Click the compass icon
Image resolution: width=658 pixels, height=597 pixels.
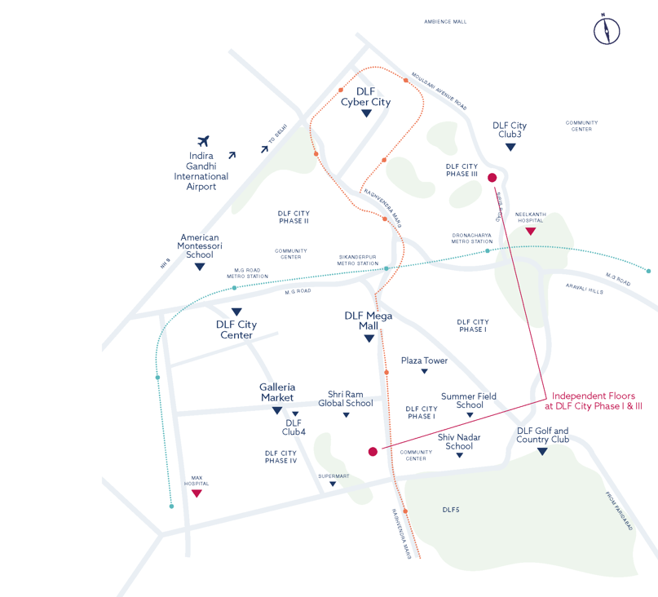[x=607, y=30]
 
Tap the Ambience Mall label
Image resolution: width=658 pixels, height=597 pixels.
[x=445, y=22]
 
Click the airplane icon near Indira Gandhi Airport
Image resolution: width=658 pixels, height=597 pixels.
[x=204, y=142]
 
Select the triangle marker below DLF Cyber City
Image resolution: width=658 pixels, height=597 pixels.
[x=366, y=114]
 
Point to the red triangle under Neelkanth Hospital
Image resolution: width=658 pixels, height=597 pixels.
[x=530, y=232]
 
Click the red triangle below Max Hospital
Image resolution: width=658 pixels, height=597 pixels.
[x=197, y=493]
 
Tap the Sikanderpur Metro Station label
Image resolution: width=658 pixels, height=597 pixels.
[x=358, y=260]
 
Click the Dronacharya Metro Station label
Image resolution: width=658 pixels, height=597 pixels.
[x=472, y=238]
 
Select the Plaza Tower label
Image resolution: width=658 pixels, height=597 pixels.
[x=424, y=360]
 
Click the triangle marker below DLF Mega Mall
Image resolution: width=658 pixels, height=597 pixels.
[x=369, y=338]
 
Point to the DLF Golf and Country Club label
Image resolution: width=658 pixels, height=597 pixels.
[x=542, y=436]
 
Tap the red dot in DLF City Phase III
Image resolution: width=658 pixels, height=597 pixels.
[x=492, y=178]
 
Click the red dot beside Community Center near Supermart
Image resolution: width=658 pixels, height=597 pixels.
[x=373, y=451]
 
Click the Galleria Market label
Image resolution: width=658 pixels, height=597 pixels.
[x=277, y=392]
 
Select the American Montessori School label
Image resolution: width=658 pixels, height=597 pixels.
[x=200, y=246]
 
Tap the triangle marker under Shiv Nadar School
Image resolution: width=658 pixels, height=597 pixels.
[x=459, y=456]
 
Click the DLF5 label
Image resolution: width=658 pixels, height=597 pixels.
[x=451, y=510]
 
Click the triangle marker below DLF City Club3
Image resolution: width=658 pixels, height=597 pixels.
[x=510, y=148]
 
